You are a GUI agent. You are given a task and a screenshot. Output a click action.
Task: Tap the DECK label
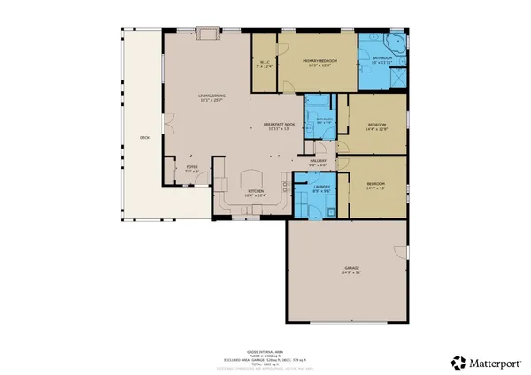point(143,138)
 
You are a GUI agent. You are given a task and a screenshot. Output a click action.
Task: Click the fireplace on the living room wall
point(208,34)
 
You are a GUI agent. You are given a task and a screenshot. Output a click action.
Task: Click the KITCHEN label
point(256,190)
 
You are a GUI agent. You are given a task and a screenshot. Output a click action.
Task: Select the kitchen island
point(254,180)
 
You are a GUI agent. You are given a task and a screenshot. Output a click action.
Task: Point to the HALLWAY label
point(318,160)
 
